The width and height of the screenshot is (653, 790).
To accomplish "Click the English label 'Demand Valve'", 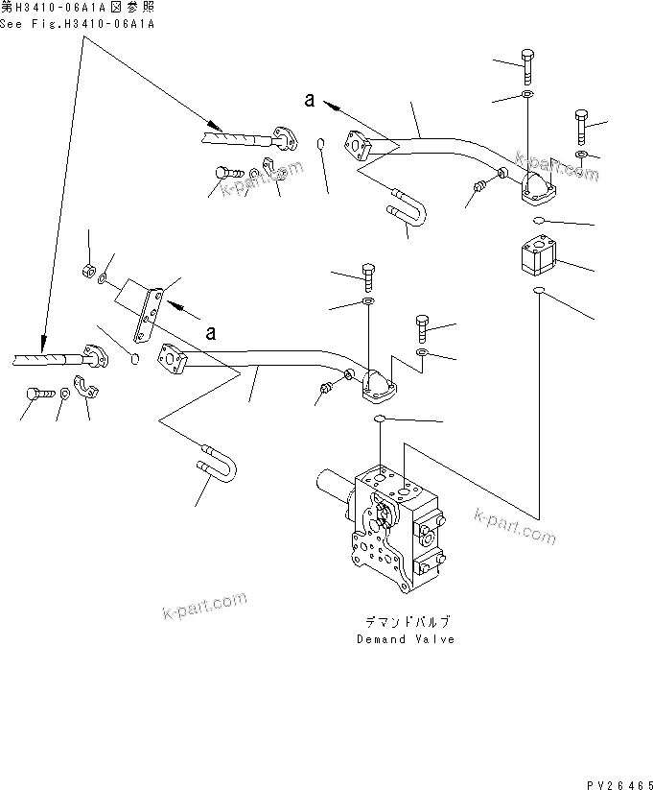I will pos(406,639).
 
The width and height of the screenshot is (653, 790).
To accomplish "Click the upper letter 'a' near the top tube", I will pos(309,99).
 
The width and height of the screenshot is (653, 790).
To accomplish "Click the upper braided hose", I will pos(235,139).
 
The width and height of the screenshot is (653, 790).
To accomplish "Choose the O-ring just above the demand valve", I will pos(381,419).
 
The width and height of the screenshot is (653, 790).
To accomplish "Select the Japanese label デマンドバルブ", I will pos(407,621).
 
